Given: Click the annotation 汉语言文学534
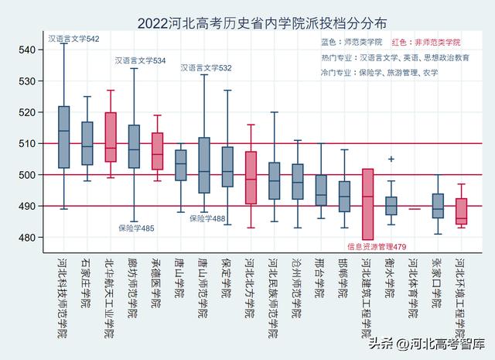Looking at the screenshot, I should [x=140, y=60].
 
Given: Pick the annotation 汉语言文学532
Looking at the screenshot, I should [x=206, y=68].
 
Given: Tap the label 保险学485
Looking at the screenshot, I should [x=136, y=228].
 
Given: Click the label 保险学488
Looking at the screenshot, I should [x=207, y=219].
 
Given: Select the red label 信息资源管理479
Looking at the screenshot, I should [x=377, y=247].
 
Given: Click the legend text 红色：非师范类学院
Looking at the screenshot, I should [x=426, y=43].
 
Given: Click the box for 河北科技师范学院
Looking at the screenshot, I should [x=63, y=137].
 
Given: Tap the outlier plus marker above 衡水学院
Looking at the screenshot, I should [x=391, y=159].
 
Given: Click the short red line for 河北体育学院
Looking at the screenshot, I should [x=415, y=209].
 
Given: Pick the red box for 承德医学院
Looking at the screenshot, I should [x=157, y=151].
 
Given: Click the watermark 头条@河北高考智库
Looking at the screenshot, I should [x=438, y=343].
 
